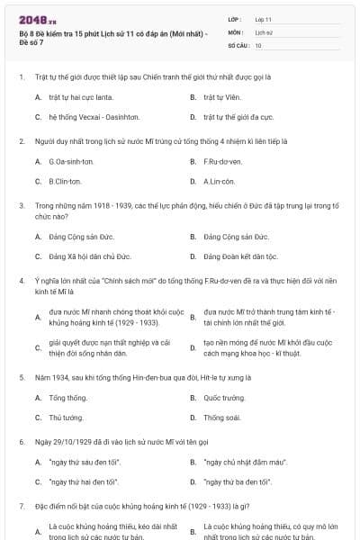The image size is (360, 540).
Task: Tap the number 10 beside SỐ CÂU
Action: point(258,44)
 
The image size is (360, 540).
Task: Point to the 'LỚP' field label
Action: point(236,18)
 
